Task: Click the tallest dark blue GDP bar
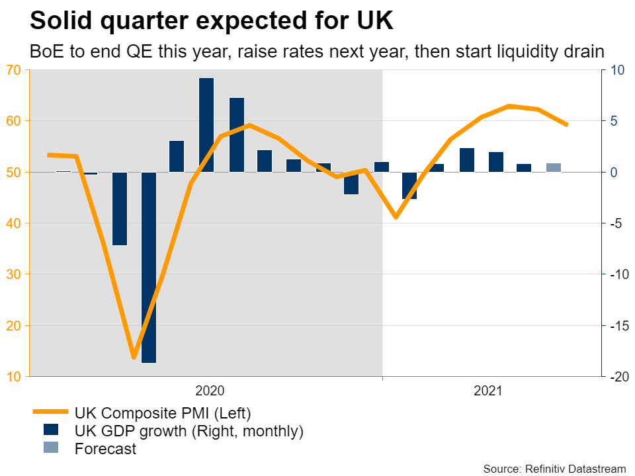(x=206, y=125)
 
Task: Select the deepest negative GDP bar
(x=148, y=267)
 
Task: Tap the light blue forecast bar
(x=554, y=167)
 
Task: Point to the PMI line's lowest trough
(x=134, y=358)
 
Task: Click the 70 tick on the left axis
(x=15, y=70)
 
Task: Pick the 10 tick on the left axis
(x=15, y=377)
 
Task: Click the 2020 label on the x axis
(x=210, y=391)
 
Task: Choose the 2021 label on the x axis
(x=488, y=391)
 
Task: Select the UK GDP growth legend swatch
(x=51, y=430)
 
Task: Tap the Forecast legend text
(x=106, y=449)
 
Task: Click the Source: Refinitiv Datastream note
(x=554, y=469)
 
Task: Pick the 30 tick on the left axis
(x=15, y=274)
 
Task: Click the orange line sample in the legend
(x=51, y=413)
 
